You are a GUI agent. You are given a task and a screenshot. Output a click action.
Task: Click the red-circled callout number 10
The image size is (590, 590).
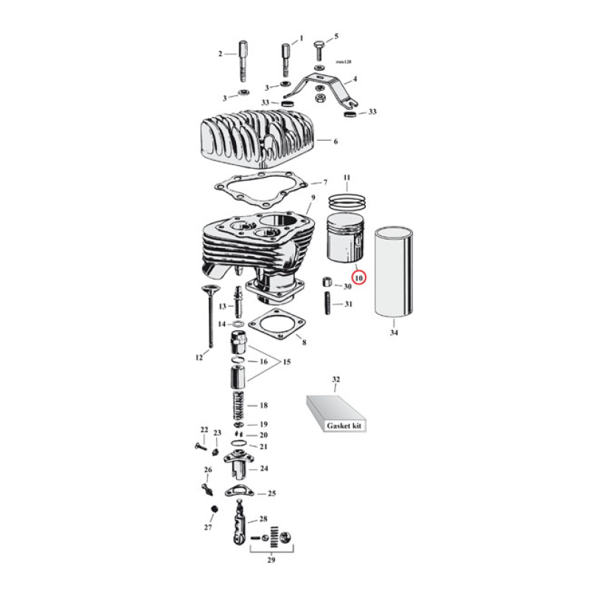click(x=359, y=279)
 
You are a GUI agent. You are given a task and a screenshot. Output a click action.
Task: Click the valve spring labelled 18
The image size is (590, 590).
click(x=239, y=406)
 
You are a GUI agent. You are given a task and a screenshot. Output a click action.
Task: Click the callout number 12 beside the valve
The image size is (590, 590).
click(x=198, y=358)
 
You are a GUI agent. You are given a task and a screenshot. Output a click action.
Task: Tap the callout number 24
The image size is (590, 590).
click(x=263, y=468)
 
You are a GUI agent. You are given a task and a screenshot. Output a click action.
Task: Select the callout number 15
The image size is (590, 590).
click(x=286, y=362)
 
